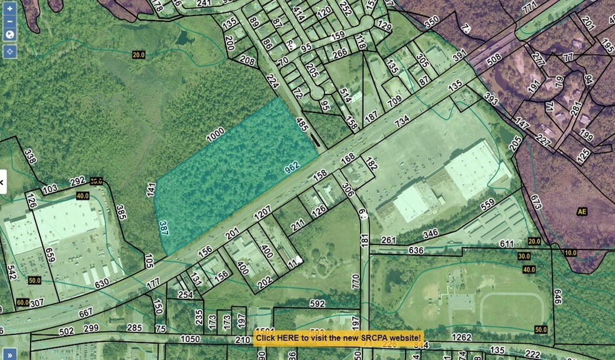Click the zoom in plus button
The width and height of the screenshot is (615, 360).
pos(9,9)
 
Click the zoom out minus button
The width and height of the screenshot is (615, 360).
pos(9,21)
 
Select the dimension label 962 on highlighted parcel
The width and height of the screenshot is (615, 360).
pos(292,167)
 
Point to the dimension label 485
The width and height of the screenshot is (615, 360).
pos(303,126)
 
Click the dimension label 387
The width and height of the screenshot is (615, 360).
pos(164,228)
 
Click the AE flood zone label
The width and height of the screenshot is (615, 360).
pos(582,212)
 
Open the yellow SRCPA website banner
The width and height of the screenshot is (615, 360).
pos(338,337)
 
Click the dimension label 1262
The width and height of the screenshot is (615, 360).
pos(461,337)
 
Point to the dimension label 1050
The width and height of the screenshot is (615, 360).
pos(190,339)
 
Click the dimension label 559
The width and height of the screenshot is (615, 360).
pos(487,204)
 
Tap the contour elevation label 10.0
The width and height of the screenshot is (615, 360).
pos(569,252)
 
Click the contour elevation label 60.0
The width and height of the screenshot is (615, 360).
pos(22,302)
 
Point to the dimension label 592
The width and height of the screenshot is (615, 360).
pos(317,304)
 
